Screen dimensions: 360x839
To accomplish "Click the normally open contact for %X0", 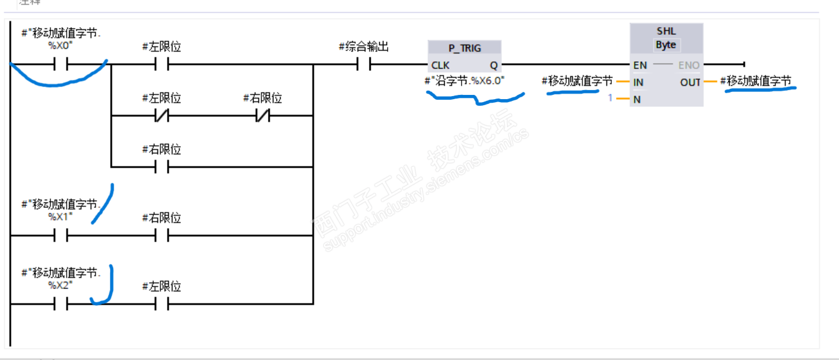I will [x=60, y=64].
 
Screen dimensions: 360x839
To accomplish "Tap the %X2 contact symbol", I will [x=60, y=305].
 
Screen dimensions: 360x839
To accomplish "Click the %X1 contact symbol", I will [x=60, y=236].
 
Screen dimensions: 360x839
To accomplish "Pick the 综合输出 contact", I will [x=363, y=64].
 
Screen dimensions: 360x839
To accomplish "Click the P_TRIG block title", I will [x=465, y=48].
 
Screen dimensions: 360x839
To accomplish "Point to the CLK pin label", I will [x=440, y=65].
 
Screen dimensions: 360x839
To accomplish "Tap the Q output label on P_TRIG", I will [x=493, y=65].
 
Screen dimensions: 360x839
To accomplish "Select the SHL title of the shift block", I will [x=666, y=31].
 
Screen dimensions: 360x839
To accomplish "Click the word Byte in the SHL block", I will [x=666, y=44].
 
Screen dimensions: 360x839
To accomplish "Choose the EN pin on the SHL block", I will [x=639, y=65].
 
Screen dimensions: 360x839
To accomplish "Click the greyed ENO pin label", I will [x=689, y=65].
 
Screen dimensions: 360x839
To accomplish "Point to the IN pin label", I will [x=638, y=82].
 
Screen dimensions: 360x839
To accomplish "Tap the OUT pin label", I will [x=690, y=82].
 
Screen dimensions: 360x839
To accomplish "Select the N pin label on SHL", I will [x=636, y=99].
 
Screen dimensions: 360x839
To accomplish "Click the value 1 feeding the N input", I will [x=610, y=98].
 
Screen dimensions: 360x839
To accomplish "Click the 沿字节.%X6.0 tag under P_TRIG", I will [x=465, y=79].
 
